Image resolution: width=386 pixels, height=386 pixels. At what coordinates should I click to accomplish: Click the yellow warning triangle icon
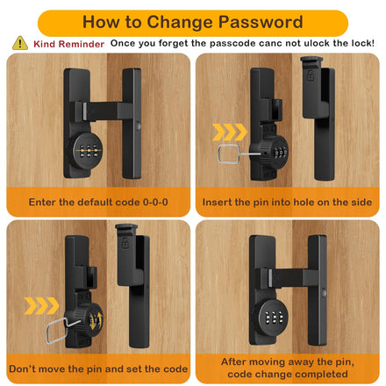pyautogui.click(x=20, y=43)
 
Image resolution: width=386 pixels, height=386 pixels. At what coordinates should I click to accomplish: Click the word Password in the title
pyautogui.click(x=261, y=22)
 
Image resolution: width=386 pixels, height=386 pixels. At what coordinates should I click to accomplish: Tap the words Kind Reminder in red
pyautogui.click(x=68, y=44)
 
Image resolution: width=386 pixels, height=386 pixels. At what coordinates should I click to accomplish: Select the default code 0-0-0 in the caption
pyautogui.click(x=155, y=202)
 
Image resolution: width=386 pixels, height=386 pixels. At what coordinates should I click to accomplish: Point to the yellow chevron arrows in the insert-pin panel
pyautogui.click(x=230, y=132)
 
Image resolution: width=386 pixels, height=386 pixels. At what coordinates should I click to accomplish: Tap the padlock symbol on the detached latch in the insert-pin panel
pyautogui.click(x=310, y=75)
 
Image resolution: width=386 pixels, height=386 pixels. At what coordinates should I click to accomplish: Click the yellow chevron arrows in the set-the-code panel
pyautogui.click(x=41, y=305)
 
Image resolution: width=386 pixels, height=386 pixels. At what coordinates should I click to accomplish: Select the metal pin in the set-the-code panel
pyautogui.click(x=62, y=330)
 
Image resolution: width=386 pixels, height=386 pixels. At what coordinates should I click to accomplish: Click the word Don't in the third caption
pyautogui.click(x=23, y=368)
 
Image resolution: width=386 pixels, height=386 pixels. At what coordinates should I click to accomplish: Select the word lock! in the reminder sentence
pyautogui.click(x=363, y=43)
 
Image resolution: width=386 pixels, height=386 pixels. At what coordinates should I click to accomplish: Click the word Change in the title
pyautogui.click(x=180, y=23)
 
